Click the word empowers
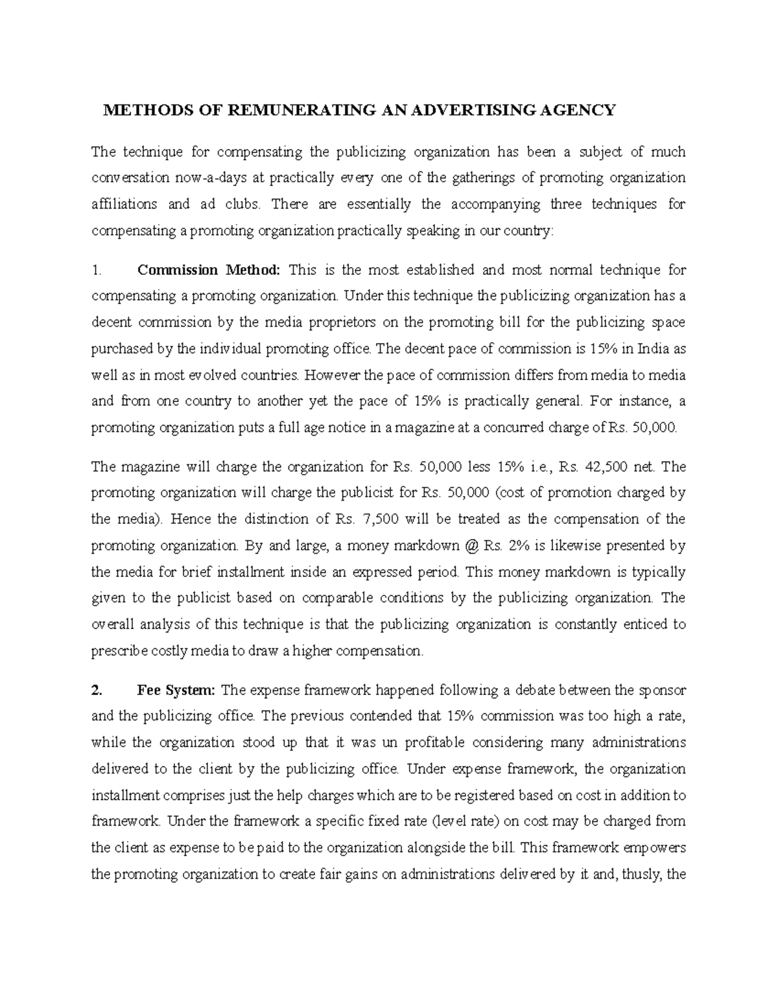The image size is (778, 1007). pos(656,847)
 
